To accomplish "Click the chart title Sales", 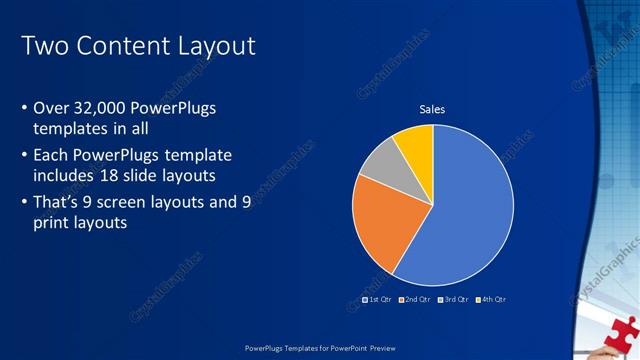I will point(432,109).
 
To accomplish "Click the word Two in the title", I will point(43,46).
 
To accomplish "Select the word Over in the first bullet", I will point(52,108).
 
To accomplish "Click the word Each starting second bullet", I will point(52,155).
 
